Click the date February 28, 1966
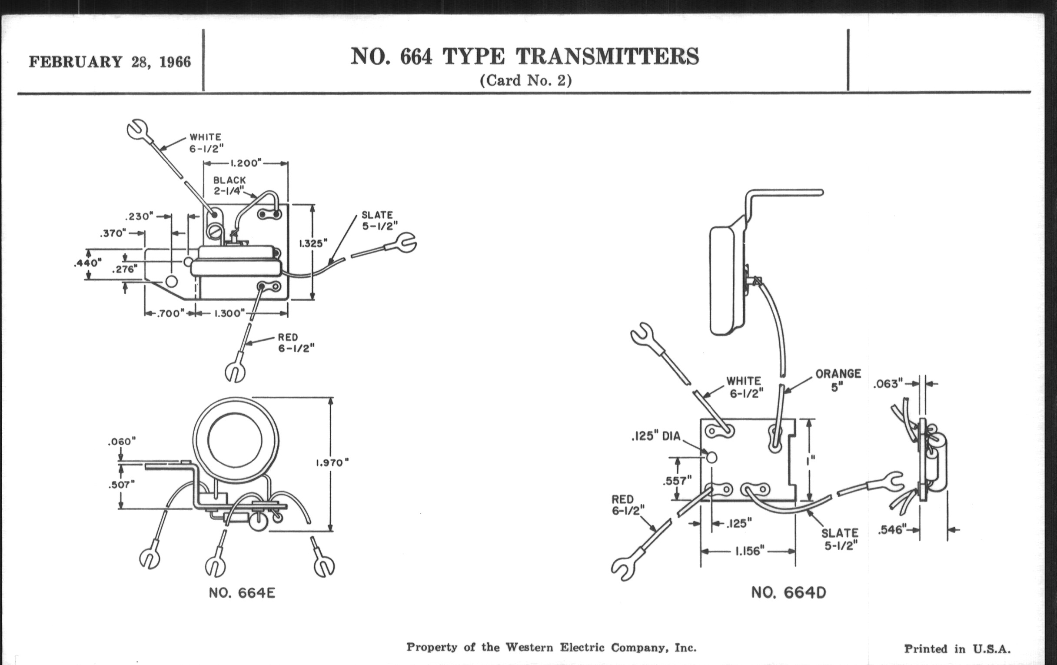pos(110,62)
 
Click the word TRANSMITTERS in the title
pos(607,57)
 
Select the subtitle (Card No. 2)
pos(525,81)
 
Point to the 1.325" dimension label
pos(313,243)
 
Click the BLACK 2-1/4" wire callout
pos(229,186)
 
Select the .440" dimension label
pos(88,263)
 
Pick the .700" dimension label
pos(169,313)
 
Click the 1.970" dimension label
pos(332,462)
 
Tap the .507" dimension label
pos(121,485)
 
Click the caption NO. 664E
pos(242,593)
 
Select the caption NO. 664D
pos(788,593)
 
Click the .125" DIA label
pos(656,436)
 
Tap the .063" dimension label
pos(887,384)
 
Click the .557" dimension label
pos(677,481)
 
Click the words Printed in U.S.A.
pos(957,649)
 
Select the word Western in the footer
pos(529,648)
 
